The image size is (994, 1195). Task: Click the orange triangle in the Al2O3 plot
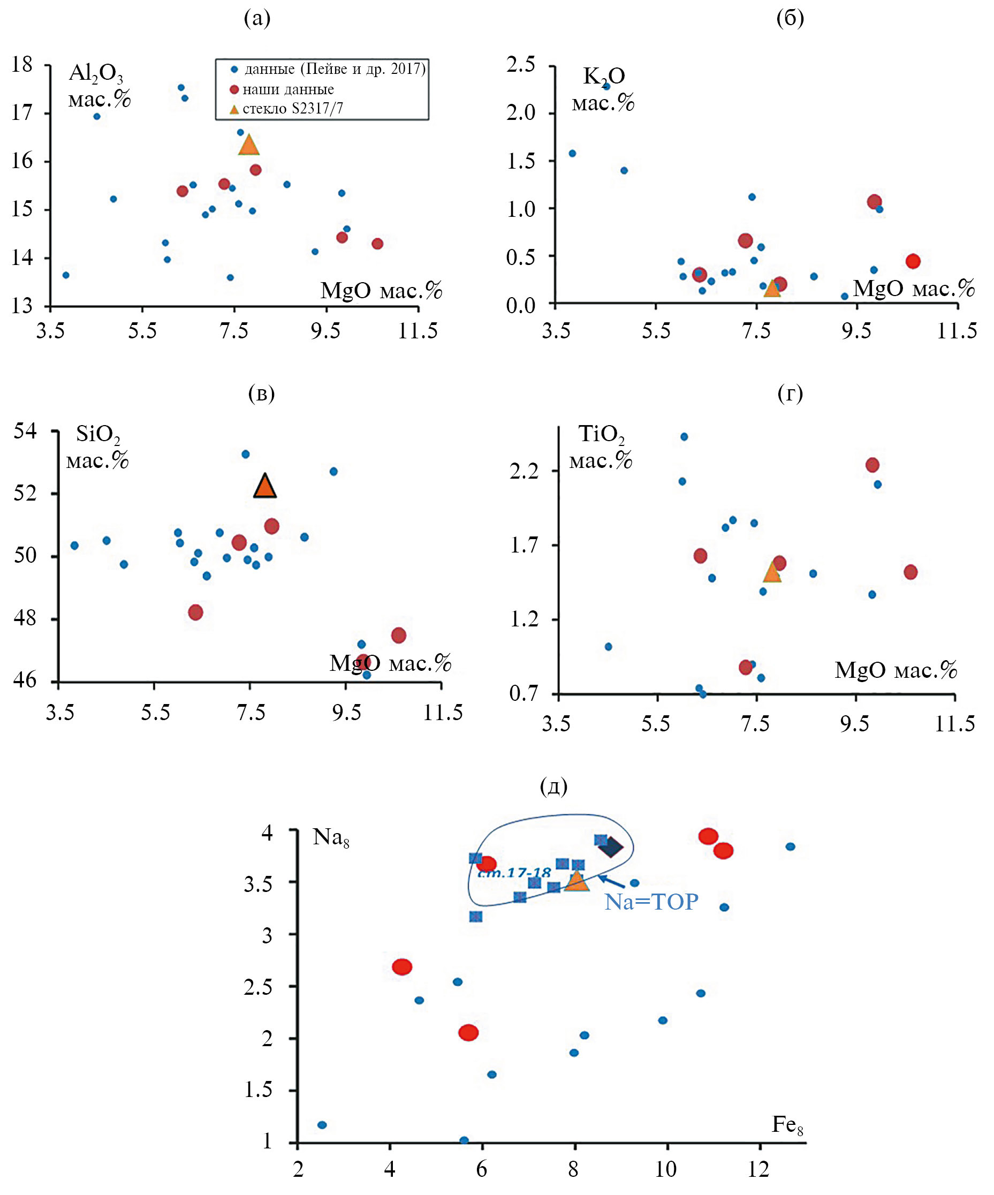click(x=249, y=146)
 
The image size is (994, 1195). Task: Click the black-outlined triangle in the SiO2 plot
click(x=264, y=486)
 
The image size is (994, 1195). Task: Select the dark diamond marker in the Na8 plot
click(x=611, y=847)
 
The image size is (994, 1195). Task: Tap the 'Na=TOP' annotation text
click(x=651, y=902)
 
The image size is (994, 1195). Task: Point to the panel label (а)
click(x=256, y=19)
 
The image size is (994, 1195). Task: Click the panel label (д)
click(x=553, y=786)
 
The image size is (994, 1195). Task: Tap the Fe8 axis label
click(x=787, y=1124)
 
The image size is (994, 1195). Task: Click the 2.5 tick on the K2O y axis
click(x=521, y=64)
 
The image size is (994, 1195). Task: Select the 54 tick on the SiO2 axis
click(x=25, y=431)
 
